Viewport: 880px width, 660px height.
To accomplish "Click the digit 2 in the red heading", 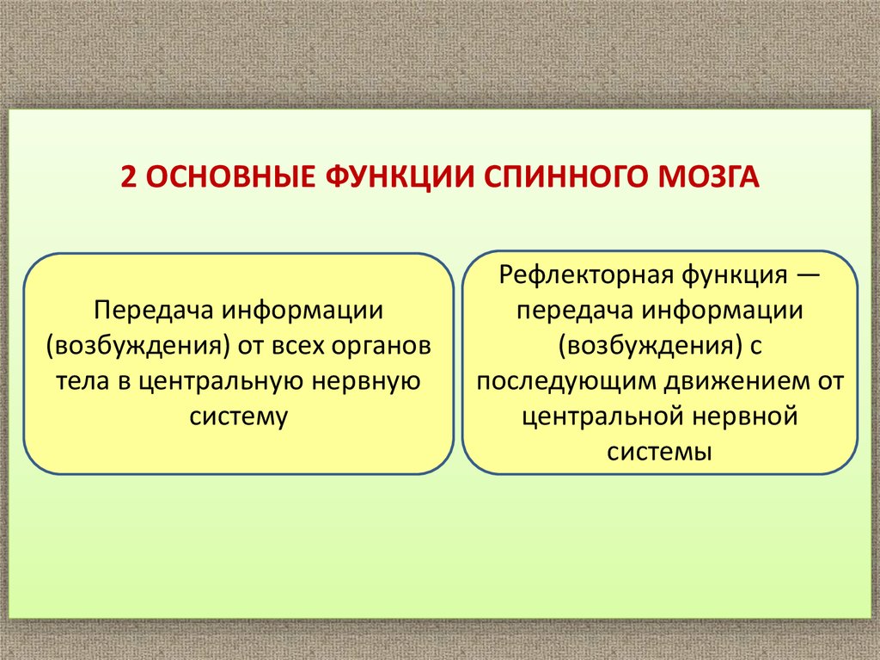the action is click(x=128, y=177).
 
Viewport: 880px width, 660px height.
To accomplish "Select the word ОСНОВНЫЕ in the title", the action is click(x=230, y=177).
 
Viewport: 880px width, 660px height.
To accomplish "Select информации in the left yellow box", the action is click(x=302, y=311).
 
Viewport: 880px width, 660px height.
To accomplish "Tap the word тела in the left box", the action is click(x=82, y=380).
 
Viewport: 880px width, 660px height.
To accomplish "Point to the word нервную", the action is click(x=366, y=381).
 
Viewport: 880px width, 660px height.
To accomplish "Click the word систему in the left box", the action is click(x=239, y=416).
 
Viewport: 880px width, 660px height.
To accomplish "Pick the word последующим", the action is click(x=565, y=381).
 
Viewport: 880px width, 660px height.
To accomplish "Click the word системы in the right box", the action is click(x=659, y=452).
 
